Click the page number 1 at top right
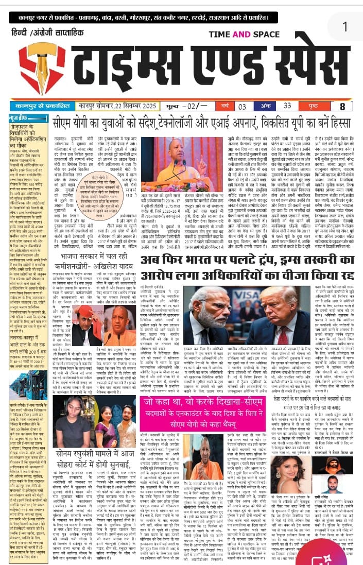pyautogui.click(x=344, y=26)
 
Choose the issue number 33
pyautogui.click(x=287, y=107)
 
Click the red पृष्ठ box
pyautogui.click(x=315, y=107)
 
